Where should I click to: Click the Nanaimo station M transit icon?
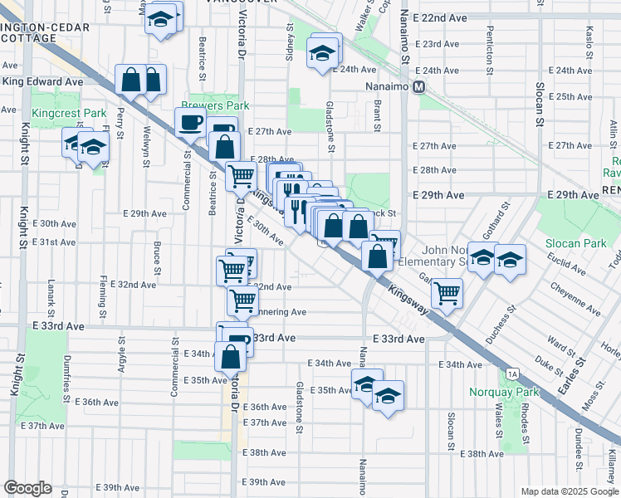(419, 85)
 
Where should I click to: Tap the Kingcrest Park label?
(70, 113)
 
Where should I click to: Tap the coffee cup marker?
(190, 123)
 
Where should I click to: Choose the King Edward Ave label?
(42, 82)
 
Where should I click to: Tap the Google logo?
(27, 488)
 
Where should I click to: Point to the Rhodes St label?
(526, 420)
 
